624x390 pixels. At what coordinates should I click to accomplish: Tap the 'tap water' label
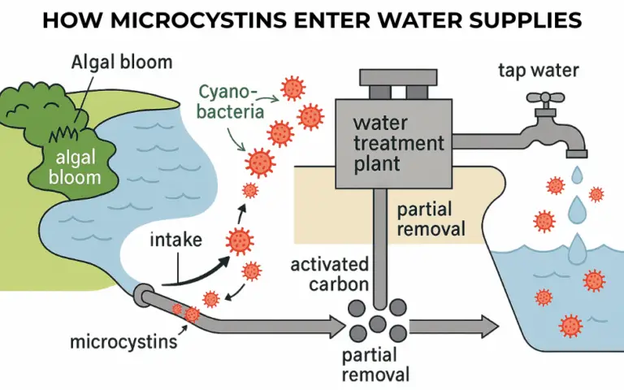pos(538,71)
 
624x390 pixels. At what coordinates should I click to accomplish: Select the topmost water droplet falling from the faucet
pos(576,174)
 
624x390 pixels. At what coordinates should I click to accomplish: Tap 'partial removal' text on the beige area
pos(431,219)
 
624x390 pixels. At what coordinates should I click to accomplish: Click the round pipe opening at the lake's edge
pos(143,293)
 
